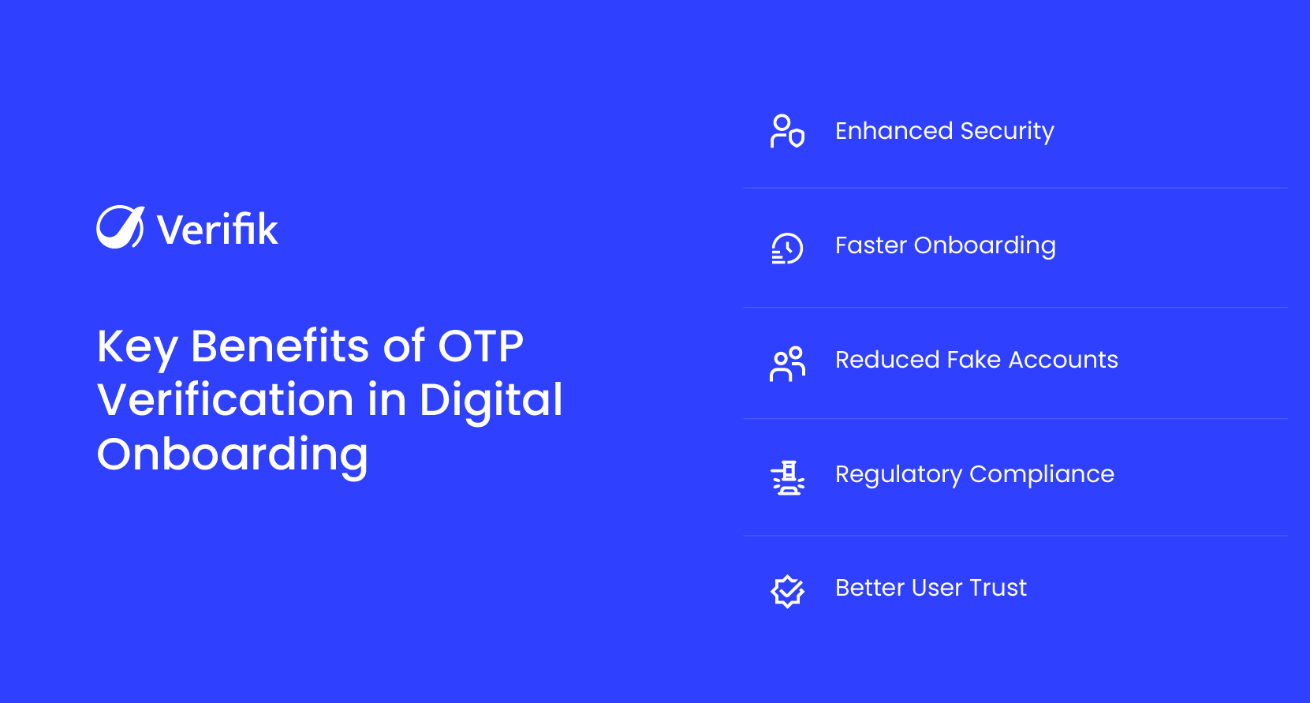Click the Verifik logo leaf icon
(120, 227)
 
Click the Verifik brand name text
(217, 230)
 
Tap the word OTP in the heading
(480, 346)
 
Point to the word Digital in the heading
(491, 400)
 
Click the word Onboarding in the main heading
(233, 455)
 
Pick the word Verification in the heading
(225, 400)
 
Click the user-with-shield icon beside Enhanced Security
(787, 131)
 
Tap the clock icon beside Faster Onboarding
(787, 248)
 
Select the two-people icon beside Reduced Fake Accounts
(787, 364)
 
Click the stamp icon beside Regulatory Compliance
(787, 478)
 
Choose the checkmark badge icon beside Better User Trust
(787, 590)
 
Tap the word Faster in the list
(870, 245)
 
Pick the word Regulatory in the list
(898, 474)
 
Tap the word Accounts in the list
(1063, 360)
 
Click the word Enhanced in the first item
(894, 131)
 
